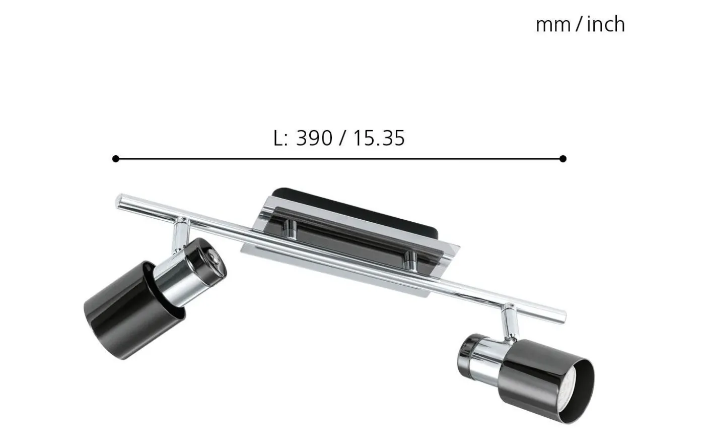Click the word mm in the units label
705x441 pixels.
point(552,25)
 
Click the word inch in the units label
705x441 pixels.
point(606,24)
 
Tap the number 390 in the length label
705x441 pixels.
point(314,138)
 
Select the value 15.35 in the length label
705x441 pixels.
point(378,138)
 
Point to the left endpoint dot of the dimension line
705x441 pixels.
point(116,159)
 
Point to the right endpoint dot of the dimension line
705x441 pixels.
point(563,159)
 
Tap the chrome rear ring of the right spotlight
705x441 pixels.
point(471,353)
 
